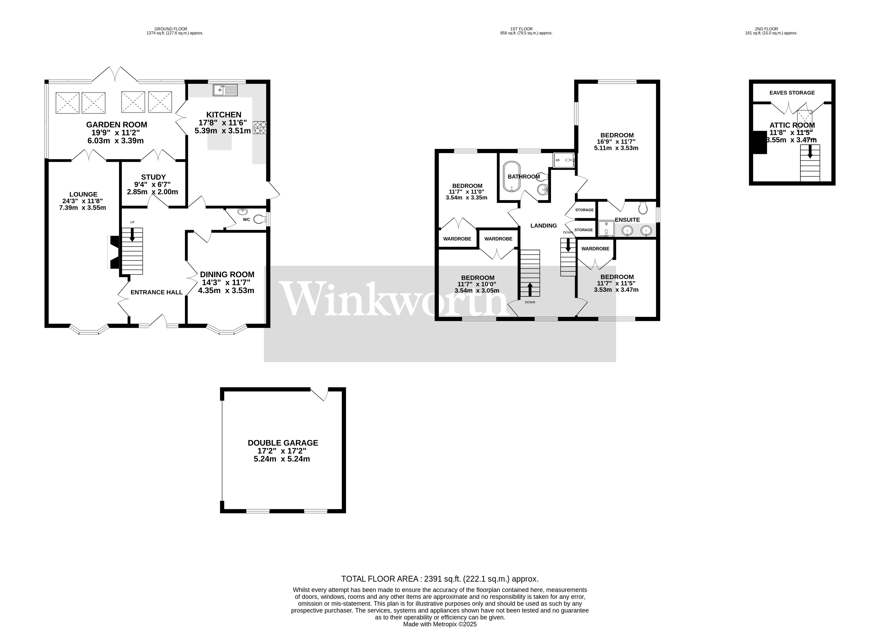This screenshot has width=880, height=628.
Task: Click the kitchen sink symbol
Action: pos(225,90)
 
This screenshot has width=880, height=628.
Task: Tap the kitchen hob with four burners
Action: pos(260,128)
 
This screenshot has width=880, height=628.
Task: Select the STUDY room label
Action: pos(153,177)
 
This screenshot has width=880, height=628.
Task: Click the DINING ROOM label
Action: pos(227,275)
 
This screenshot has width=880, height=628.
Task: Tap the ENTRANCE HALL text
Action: pos(157,292)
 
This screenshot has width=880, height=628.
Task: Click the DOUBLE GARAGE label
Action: pos(283,443)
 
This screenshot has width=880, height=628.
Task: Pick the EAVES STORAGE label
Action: pos(792,93)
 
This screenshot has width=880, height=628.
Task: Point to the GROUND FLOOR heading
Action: pos(171,29)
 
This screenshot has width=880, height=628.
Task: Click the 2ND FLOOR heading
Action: pos(766,29)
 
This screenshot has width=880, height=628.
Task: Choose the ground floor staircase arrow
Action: pos(132,235)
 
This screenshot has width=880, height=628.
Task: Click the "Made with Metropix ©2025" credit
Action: pos(440,624)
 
